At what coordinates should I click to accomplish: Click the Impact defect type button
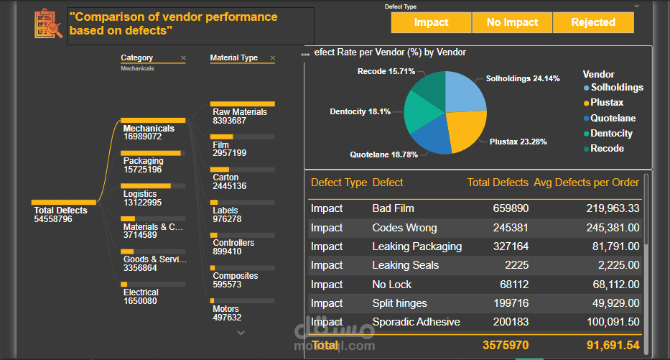431,22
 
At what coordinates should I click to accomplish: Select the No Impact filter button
512,22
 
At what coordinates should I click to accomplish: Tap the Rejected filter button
593,22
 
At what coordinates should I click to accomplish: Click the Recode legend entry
607,149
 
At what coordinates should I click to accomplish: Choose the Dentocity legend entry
611,134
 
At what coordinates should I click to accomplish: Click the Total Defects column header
498,183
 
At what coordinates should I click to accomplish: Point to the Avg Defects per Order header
586,183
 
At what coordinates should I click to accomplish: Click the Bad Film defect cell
393,208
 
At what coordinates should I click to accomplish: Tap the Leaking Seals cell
405,265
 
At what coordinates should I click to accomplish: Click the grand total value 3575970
506,346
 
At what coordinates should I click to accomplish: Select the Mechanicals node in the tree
149,129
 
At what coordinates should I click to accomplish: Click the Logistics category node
140,193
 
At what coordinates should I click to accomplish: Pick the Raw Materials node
240,112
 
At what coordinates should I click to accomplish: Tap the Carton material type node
225,177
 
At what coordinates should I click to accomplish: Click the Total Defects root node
60,211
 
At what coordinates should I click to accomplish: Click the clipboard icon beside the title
49,24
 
